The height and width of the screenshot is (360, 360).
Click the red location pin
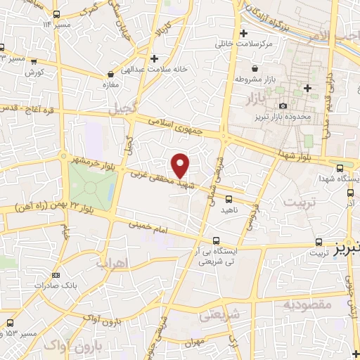(x=181, y=166)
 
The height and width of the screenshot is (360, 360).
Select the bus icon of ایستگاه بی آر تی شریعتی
(x=214, y=239)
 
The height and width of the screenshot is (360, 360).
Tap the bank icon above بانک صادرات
(x=56, y=275)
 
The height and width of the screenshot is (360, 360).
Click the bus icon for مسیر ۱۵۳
(x=8, y=321)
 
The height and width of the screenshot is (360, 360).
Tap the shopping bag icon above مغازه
(x=110, y=73)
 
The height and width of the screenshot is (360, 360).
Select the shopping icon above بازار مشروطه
(x=253, y=67)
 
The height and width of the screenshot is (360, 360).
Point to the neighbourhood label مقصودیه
(x=307, y=305)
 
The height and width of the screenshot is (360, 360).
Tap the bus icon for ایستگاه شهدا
(x=340, y=168)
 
